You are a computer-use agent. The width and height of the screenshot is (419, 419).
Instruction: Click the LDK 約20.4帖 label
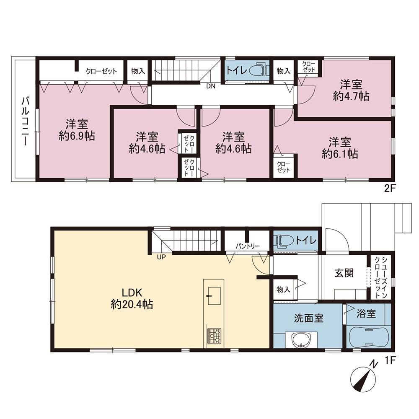pyautogui.click(x=132, y=299)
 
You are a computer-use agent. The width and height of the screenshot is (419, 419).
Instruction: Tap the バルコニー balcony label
pyautogui.click(x=25, y=122)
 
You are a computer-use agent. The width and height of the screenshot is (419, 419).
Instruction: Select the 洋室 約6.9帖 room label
pyautogui.click(x=77, y=130)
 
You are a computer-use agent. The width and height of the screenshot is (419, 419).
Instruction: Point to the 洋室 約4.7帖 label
pyautogui.click(x=351, y=91)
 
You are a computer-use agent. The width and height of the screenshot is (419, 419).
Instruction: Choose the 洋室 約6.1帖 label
pyautogui.click(x=340, y=148)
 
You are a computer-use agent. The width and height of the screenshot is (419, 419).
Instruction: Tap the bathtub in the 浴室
pyautogui.click(x=369, y=336)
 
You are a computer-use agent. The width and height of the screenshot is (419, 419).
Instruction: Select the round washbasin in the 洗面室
pyautogui.click(x=301, y=340)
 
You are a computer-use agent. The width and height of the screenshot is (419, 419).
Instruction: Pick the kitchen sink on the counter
pyautogui.click(x=214, y=296)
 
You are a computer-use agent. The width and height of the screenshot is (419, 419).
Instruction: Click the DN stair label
pyautogui.click(x=211, y=86)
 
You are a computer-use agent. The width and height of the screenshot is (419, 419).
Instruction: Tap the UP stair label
pyautogui.click(x=161, y=257)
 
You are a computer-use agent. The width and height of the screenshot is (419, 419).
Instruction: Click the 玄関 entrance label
pyautogui.click(x=344, y=273)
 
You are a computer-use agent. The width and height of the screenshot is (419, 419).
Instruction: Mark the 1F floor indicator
pyautogui.click(x=390, y=360)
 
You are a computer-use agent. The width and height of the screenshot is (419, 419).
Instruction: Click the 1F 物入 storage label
pyautogui.click(x=284, y=290)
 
